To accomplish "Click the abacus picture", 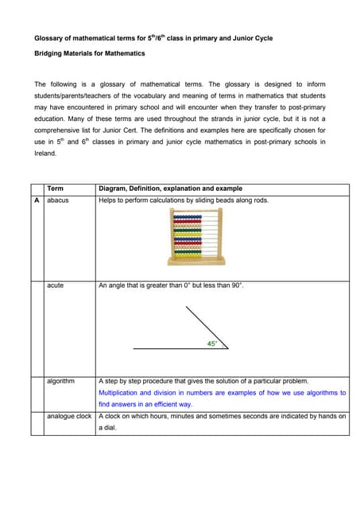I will pyautogui.click(x=197, y=237).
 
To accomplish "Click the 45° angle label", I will pyautogui.click(x=211, y=344).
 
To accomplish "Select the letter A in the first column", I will pyautogui.click(x=37, y=200).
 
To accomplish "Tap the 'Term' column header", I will pyautogui.click(x=55, y=188).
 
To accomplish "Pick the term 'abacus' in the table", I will pyautogui.click(x=57, y=200).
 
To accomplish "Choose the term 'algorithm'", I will pyautogui.click(x=60, y=381).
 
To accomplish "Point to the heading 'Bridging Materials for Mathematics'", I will pyautogui.click(x=90, y=53).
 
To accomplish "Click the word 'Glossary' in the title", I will pyautogui.click(x=49, y=37).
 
